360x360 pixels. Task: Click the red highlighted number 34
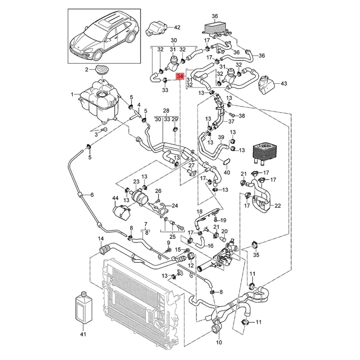tap(180, 76)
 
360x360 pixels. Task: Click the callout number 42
tap(177, 27)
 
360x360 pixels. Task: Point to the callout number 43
tap(284, 83)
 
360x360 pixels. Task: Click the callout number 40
tap(227, 172)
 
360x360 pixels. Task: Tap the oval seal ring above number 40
tap(227, 162)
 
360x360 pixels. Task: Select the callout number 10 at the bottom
tap(219, 342)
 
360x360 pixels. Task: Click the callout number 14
tap(101, 238)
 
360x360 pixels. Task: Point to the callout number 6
tap(92, 195)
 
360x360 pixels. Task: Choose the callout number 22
tap(277, 206)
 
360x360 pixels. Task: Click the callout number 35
tap(256, 255)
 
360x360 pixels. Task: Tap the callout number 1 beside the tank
tap(72, 94)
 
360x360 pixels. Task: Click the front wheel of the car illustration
tap(98, 55)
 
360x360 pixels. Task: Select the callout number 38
tap(242, 116)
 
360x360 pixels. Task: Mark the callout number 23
tap(136, 182)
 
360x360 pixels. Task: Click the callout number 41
tap(83, 334)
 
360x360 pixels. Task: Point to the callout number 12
tap(191, 265)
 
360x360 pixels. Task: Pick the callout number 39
tap(221, 137)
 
